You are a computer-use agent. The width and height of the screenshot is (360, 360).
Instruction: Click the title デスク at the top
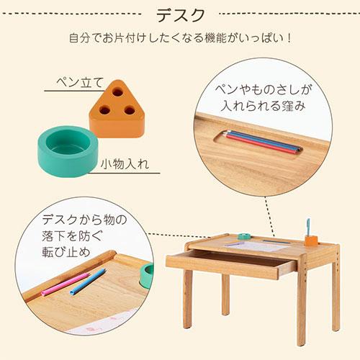[x=180, y=14]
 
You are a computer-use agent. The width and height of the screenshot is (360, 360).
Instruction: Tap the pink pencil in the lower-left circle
[x=65, y=284]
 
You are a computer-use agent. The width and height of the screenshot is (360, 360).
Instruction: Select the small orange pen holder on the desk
[x=310, y=239]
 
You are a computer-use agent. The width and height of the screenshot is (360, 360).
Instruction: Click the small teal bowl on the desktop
[x=243, y=235]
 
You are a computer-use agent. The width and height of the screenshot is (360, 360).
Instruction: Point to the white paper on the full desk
[x=259, y=246]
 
